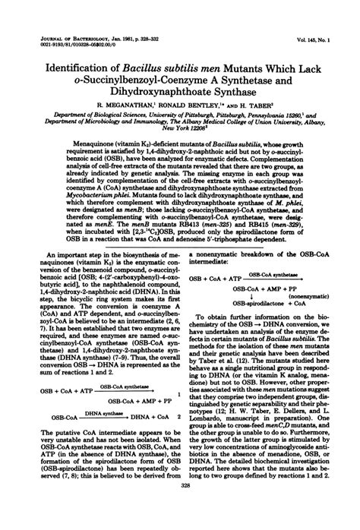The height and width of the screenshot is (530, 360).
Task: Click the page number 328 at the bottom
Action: [181, 514]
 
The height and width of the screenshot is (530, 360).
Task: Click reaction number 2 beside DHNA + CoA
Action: [177, 417]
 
